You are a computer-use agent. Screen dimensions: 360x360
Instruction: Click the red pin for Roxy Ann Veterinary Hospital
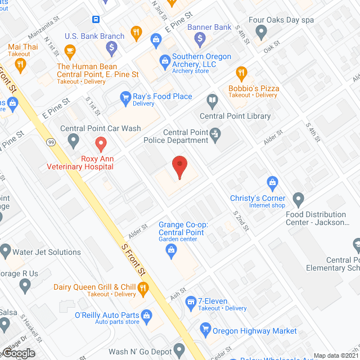click(x=100, y=144)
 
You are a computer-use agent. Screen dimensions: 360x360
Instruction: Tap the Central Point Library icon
click(x=212, y=102)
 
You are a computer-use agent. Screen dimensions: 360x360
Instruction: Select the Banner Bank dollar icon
click(x=200, y=39)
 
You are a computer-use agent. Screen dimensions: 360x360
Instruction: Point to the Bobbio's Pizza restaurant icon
click(x=241, y=74)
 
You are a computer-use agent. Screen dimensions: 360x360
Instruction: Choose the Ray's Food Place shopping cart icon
click(x=125, y=99)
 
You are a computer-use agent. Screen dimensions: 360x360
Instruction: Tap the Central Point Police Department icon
click(x=215, y=134)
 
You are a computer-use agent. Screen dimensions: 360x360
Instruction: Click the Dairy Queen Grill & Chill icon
click(x=143, y=290)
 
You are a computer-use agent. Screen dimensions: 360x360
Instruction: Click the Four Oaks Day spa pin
click(x=261, y=33)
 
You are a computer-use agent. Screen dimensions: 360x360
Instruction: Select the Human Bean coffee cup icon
click(x=70, y=53)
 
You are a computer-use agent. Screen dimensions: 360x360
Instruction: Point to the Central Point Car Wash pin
click(x=74, y=141)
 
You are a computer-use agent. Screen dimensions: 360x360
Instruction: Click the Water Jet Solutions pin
click(x=6, y=249)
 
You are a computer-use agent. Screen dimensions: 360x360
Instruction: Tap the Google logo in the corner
click(x=19, y=353)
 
